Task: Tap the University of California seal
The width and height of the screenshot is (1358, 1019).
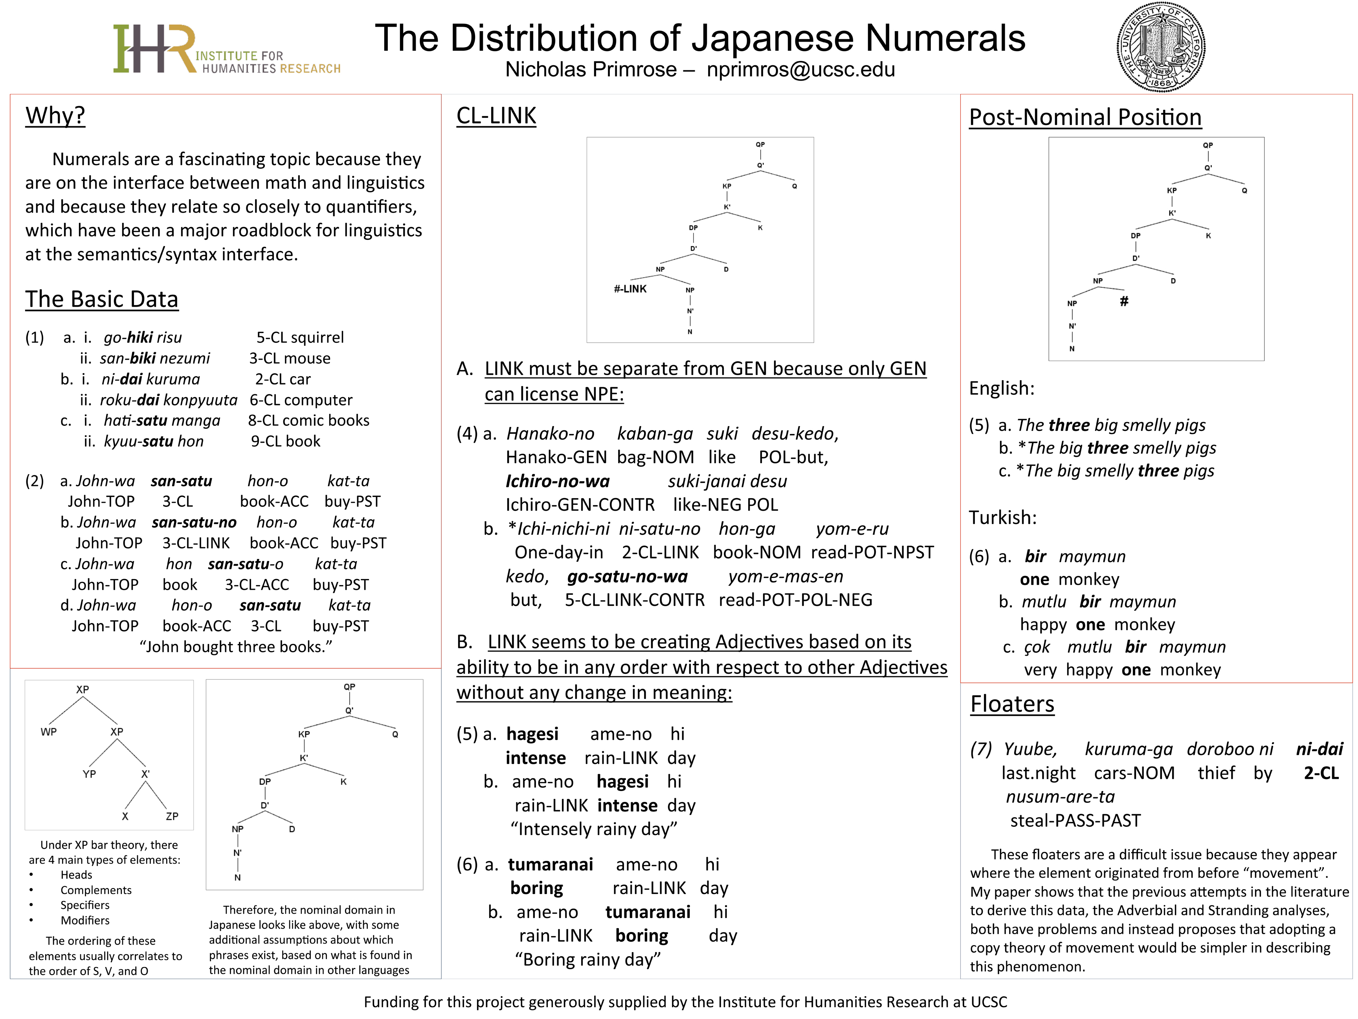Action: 1160,47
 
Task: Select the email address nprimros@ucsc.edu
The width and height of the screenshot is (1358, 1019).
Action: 800,70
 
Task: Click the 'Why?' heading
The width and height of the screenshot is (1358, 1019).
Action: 55,116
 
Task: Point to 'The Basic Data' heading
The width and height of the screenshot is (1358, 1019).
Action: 102,299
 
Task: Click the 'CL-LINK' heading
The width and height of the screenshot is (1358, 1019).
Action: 496,116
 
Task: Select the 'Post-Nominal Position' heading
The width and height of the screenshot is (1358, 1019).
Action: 1085,117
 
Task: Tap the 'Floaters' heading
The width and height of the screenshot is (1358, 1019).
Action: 1012,704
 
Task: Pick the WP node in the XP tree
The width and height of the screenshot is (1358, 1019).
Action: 48,732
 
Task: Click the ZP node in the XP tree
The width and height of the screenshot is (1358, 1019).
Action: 172,816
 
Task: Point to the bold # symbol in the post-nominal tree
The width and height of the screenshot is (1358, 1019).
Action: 1124,301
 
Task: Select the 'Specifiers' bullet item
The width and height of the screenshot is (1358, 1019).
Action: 85,905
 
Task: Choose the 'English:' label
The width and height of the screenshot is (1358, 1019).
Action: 1001,388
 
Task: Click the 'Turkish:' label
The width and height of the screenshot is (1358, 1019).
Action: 1002,518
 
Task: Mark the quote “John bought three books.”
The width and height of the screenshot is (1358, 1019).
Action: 236,647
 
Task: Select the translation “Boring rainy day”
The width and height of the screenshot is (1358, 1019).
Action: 587,959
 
